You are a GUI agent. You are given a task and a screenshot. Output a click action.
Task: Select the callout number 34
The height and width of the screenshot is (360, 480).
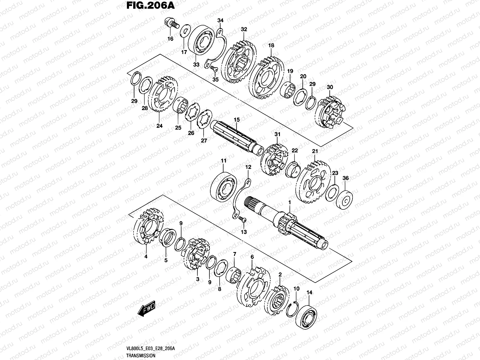coord(220,20)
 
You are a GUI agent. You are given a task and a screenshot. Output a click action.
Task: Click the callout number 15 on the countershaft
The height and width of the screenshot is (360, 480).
coord(237,120)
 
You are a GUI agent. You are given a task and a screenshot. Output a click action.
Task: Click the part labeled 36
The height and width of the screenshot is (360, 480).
coord(345,199)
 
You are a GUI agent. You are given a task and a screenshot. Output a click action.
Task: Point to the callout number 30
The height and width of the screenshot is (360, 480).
coord(330,87)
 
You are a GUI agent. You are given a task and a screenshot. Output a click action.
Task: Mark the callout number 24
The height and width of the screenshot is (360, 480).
coord(159,126)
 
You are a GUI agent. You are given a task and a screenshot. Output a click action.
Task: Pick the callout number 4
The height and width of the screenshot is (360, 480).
coord(146,256)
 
